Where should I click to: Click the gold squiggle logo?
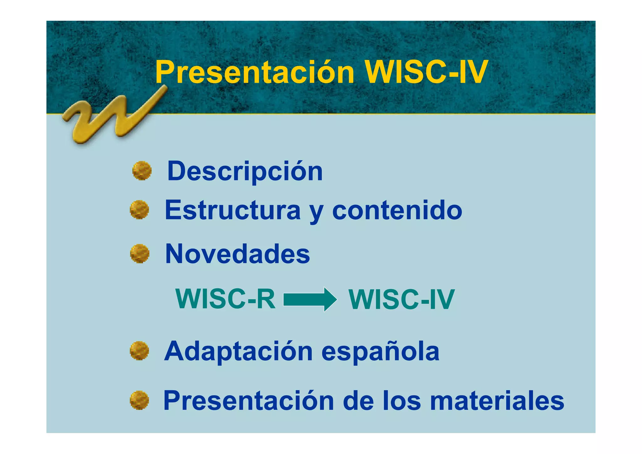click(113, 116)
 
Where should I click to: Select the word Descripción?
click(245, 172)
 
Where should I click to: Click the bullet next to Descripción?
click(142, 171)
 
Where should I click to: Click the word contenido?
click(397, 210)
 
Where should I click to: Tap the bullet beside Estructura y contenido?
click(139, 210)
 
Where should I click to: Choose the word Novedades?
click(237, 254)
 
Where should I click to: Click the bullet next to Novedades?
click(139, 254)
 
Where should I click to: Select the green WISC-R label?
click(225, 299)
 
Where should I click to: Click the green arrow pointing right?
click(310, 299)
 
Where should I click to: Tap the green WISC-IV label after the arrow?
click(401, 300)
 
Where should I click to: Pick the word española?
click(380, 351)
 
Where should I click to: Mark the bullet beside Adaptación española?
click(139, 351)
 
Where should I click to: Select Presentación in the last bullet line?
click(249, 401)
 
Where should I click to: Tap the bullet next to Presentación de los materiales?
click(139, 400)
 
